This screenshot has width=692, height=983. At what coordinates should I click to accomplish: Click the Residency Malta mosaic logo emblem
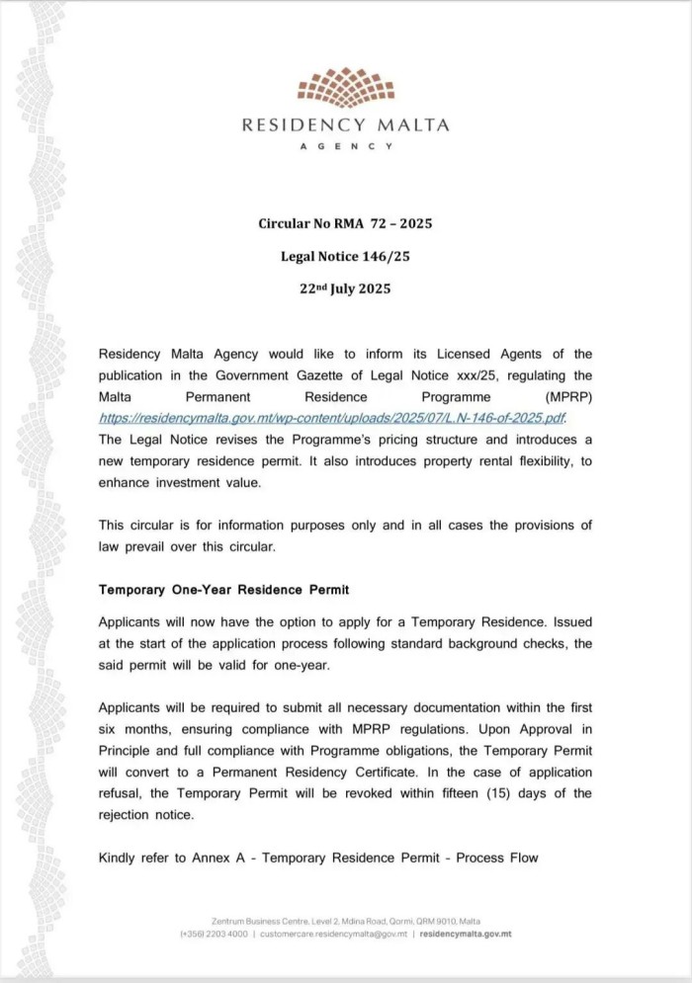pyautogui.click(x=345, y=88)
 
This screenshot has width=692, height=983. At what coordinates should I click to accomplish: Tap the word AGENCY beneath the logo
pyautogui.click(x=345, y=146)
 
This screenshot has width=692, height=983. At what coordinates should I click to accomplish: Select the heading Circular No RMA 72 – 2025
pyautogui.click(x=345, y=223)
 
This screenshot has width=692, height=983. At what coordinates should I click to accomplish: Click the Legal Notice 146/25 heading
pyautogui.click(x=345, y=256)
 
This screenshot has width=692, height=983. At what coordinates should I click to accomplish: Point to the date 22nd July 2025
pyautogui.click(x=345, y=288)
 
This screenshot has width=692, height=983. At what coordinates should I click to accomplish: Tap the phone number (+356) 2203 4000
pyautogui.click(x=213, y=934)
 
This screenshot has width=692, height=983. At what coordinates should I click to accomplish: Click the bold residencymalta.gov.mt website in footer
pyautogui.click(x=466, y=934)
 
